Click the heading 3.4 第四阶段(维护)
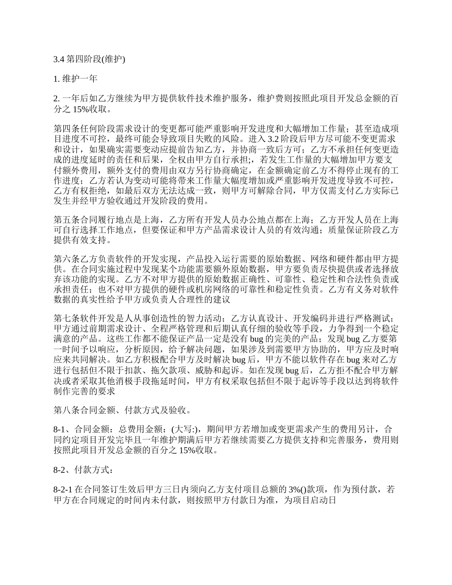click(89, 59)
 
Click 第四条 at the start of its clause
click(65, 128)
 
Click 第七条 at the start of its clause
click(65, 318)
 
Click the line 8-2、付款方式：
click(84, 470)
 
